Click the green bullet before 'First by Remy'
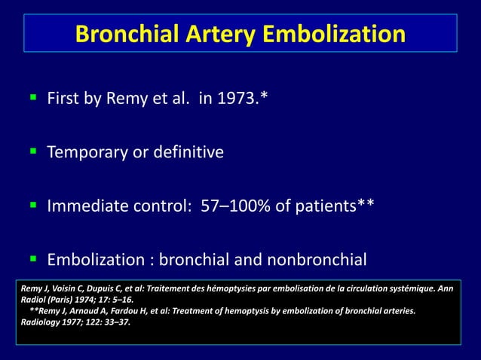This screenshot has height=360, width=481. [x=32, y=99]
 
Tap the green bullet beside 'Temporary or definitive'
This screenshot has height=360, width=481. [x=32, y=152]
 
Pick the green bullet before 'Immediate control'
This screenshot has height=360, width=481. [x=32, y=206]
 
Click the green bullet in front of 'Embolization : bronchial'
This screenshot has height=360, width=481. [x=32, y=260]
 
